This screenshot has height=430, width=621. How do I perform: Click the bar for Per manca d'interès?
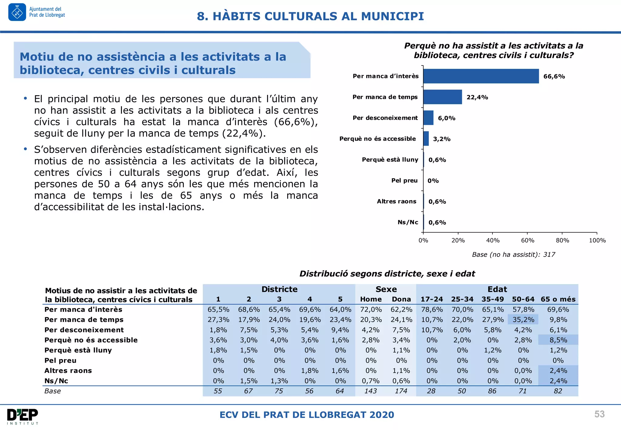click(x=481, y=76)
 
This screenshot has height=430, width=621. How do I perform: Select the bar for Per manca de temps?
click(x=442, y=97)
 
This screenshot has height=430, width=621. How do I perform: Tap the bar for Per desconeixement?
click(x=428, y=118)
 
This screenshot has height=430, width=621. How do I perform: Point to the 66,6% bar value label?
click(x=554, y=76)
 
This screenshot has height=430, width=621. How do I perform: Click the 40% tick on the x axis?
click(x=493, y=240)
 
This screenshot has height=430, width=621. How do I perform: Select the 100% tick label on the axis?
click(x=597, y=240)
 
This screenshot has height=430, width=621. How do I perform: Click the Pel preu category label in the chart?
click(x=404, y=180)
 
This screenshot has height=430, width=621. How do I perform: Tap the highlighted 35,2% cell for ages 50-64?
click(x=523, y=320)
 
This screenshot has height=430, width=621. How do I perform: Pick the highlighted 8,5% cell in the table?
click(x=558, y=340)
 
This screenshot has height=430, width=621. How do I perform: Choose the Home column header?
click(x=371, y=299)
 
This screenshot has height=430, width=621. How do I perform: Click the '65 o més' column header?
click(x=558, y=299)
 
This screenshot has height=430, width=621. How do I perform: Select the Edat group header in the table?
click(x=497, y=289)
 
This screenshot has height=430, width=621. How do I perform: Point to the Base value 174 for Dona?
click(x=401, y=391)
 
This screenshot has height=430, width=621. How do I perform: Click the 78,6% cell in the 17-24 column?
click(x=432, y=310)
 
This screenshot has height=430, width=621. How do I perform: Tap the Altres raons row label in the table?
click(x=68, y=371)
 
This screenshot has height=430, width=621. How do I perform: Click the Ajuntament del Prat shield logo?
click(x=17, y=12)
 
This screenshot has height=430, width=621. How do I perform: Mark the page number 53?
click(x=599, y=414)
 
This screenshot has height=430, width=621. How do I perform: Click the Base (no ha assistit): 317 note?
click(x=513, y=255)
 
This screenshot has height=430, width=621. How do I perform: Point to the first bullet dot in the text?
click(x=25, y=98)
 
